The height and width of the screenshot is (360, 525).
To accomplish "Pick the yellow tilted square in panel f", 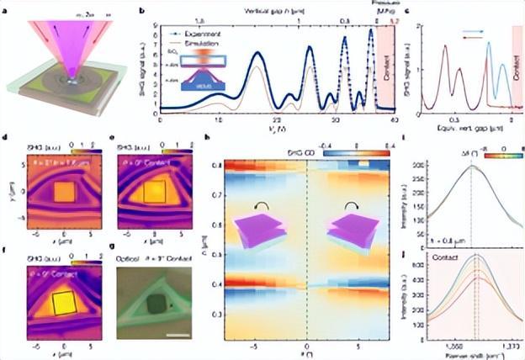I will (x=65, y=304).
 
